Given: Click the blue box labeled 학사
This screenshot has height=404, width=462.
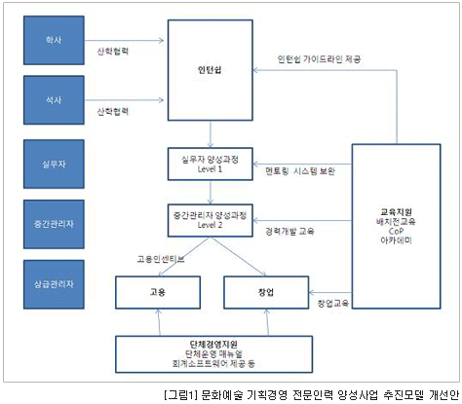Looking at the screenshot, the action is click(x=54, y=40).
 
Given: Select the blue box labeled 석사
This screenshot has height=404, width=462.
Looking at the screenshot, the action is click(x=54, y=100).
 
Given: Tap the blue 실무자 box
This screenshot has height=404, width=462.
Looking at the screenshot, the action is click(x=54, y=164).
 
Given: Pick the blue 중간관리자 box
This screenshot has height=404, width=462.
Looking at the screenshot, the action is click(x=54, y=224).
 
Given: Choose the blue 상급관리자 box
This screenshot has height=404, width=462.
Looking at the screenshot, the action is click(x=54, y=284).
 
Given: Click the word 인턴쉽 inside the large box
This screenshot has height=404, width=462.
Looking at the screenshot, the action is click(x=210, y=70).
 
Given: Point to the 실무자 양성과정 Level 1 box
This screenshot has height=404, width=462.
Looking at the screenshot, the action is click(x=211, y=164).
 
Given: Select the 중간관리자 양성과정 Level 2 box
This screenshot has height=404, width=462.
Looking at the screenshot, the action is click(x=211, y=220).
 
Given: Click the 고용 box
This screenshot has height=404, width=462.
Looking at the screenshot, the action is click(x=158, y=292).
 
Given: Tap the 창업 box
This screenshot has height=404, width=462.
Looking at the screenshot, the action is click(x=266, y=292).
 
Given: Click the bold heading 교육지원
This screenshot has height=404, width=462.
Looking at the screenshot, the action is click(x=397, y=212).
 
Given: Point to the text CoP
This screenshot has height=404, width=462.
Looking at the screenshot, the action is click(x=396, y=231).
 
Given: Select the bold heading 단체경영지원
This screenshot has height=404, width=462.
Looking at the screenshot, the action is click(x=213, y=345).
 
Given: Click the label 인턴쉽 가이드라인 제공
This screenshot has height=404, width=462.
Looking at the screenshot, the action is click(x=319, y=59).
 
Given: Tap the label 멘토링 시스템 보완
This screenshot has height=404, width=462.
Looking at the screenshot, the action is click(x=300, y=171).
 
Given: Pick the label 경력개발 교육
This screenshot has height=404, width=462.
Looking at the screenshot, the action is click(x=289, y=232).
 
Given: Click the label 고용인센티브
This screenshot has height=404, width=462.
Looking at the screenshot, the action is click(x=161, y=259).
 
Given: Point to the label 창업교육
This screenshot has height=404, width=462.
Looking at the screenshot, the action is click(x=333, y=304).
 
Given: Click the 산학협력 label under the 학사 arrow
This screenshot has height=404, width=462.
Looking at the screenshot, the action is click(x=113, y=52).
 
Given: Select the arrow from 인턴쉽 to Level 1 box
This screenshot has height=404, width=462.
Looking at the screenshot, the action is click(x=211, y=134).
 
